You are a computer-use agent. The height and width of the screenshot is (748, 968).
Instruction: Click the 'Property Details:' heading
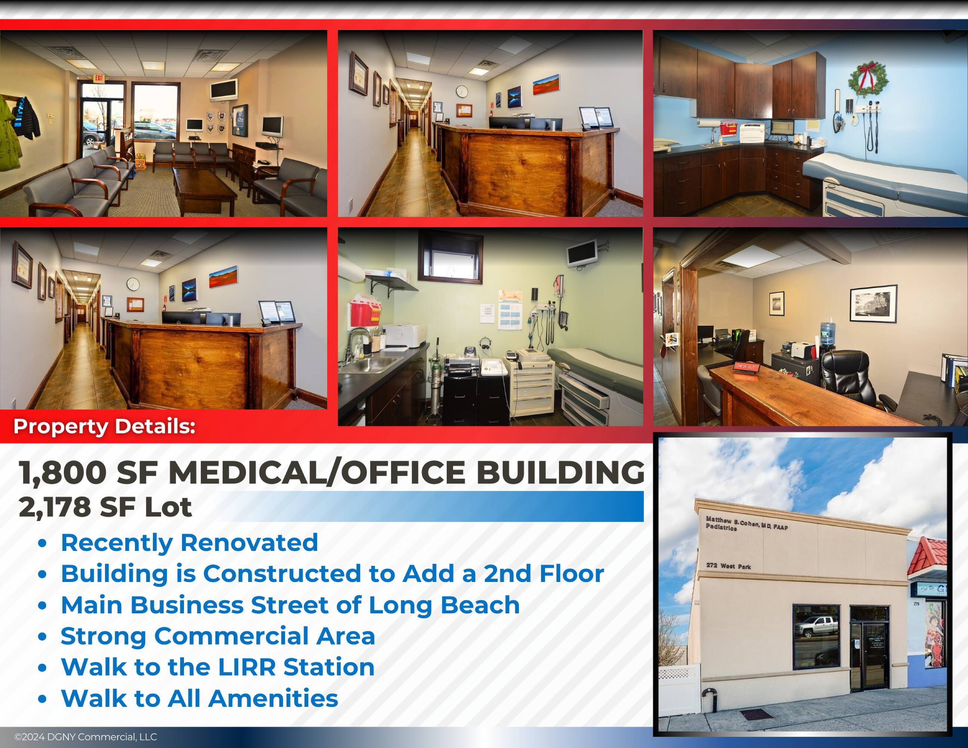(x=104, y=426)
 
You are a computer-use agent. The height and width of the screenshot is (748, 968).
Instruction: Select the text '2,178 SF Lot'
(x=105, y=507)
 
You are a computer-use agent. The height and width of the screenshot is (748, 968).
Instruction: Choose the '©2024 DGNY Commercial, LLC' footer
(x=86, y=737)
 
